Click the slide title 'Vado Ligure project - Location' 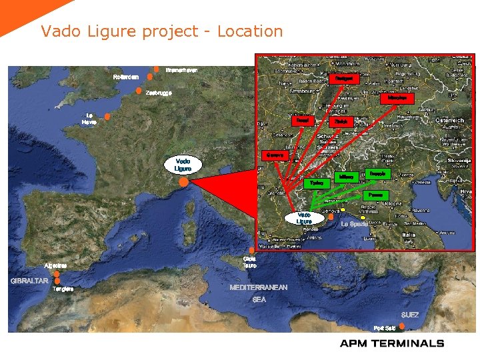pos(161,31)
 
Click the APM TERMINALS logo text pos(391,343)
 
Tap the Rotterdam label pos(125,77)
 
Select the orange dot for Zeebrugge pos(138,91)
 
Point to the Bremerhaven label pos(181,69)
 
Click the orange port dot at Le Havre pos(107,116)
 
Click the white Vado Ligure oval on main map pos(183,165)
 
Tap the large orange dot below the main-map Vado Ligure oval pos(183,181)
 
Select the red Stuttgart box pos(344,78)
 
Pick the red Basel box pos(303,121)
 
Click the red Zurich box pos(341,121)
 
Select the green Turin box pos(317,182)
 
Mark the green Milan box pos(346,177)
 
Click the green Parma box pos(377,195)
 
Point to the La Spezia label pos(354,224)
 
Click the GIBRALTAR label pos(29,281)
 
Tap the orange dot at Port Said pos(401,326)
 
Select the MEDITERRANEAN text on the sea pos(259,287)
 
